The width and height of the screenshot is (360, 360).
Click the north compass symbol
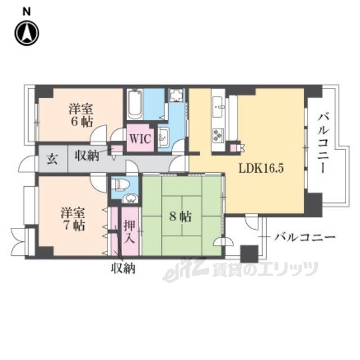[27, 33]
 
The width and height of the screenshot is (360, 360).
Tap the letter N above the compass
[26, 12]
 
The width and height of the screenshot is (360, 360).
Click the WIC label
[140, 139]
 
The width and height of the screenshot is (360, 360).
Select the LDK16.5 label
[261, 169]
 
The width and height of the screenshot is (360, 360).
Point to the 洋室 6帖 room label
[82, 115]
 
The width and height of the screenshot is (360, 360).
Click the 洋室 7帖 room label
[74, 219]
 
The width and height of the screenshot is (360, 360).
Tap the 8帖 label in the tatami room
[180, 217]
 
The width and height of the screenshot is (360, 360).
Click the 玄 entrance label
[52, 159]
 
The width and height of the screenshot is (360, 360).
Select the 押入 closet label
[130, 232]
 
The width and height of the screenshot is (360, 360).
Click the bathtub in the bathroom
[135, 105]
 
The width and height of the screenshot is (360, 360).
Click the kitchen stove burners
[218, 135]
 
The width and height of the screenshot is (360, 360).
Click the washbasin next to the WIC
[164, 137]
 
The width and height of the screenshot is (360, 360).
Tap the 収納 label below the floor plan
[123, 268]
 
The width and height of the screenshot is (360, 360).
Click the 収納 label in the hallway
[87, 155]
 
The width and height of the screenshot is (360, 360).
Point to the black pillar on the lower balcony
[249, 254]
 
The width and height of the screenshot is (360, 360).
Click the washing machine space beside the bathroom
[177, 96]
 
